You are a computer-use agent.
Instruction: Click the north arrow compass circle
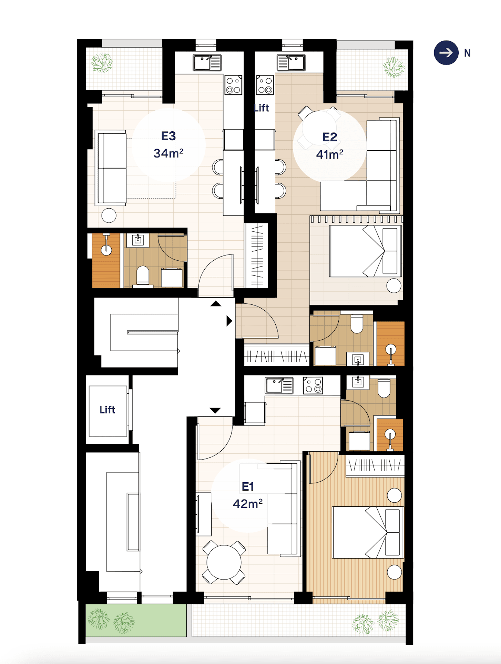pyautogui.click(x=446, y=53)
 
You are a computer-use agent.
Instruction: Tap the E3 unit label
pyautogui.click(x=168, y=136)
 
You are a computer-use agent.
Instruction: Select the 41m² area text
pyautogui.click(x=330, y=154)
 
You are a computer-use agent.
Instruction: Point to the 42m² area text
pyautogui.click(x=248, y=504)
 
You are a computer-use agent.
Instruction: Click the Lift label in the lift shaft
pyautogui.click(x=107, y=410)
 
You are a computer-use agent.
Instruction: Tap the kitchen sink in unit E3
pyautogui.click(x=207, y=63)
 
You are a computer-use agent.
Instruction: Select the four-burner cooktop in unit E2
pyautogui.click(x=265, y=85)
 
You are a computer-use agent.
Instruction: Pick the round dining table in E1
pyautogui.click(x=224, y=562)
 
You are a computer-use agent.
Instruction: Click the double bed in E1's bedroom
pyautogui.click(x=367, y=532)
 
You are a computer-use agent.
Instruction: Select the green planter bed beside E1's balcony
pyautogui.click(x=136, y=621)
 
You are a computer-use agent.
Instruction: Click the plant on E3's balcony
pyautogui.click(x=102, y=62)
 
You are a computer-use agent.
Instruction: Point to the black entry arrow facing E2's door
pyautogui.click(x=229, y=321)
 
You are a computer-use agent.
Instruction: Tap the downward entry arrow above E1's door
pyautogui.click(x=215, y=410)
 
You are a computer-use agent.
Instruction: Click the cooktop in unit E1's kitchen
pyautogui.click(x=313, y=385)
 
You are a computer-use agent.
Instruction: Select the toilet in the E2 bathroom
pyautogui.click(x=357, y=324)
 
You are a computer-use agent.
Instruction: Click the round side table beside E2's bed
pyautogui.click(x=393, y=286)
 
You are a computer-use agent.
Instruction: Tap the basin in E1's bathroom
pyautogui.click(x=358, y=382)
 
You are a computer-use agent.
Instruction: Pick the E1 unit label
pyautogui.click(x=248, y=486)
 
